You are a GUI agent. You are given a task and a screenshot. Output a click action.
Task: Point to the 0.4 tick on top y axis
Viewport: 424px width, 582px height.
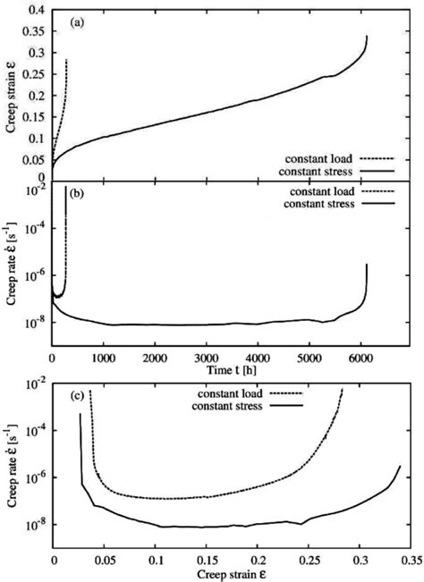(38, 8)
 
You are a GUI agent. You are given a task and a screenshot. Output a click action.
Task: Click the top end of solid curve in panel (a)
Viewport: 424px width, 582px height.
(367, 37)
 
